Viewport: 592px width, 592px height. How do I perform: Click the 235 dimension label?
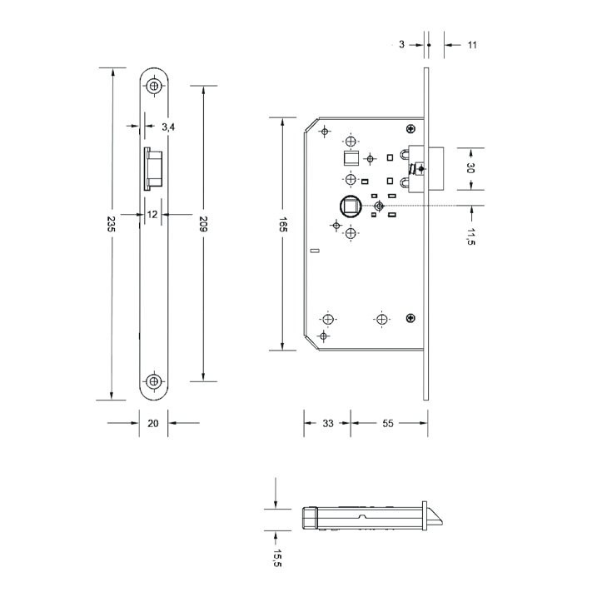click(x=111, y=224)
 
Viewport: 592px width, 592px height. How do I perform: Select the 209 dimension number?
click(x=204, y=224)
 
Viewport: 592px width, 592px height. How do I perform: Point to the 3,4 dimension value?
click(x=168, y=127)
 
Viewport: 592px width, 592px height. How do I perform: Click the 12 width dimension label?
click(x=152, y=215)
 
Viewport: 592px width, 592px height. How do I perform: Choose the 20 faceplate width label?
click(x=153, y=424)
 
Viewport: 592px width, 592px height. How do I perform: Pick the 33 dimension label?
click(x=328, y=424)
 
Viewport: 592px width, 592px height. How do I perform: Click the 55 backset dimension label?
click(x=388, y=424)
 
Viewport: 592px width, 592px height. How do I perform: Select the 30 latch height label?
click(x=470, y=167)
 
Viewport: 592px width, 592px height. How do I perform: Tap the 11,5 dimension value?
click(x=470, y=236)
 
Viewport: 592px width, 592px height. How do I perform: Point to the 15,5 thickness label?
click(x=277, y=558)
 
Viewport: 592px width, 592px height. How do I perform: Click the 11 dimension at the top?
click(x=472, y=45)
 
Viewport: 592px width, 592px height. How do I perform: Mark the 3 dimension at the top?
click(x=401, y=45)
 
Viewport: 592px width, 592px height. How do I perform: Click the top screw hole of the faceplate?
click(x=154, y=86)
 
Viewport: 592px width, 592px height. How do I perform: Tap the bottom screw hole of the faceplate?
click(x=154, y=381)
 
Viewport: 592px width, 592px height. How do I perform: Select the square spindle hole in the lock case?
click(x=351, y=206)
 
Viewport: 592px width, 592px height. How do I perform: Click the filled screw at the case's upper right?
click(x=410, y=129)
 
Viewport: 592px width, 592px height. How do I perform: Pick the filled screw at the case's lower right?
click(x=410, y=318)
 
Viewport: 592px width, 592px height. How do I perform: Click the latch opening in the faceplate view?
click(x=153, y=169)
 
